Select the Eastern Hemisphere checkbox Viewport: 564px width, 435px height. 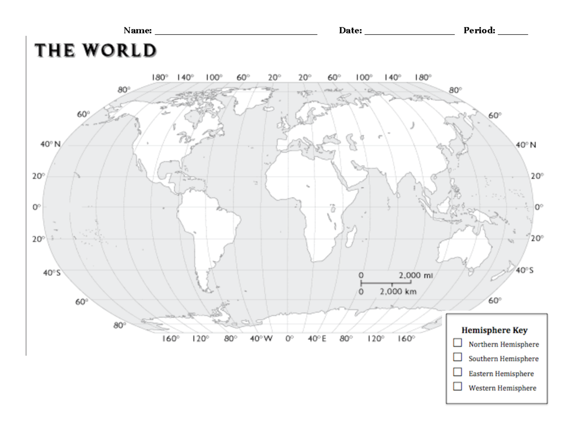(x=457, y=373)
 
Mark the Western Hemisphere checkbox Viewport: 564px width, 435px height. (x=457, y=387)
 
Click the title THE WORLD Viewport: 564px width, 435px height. (x=96, y=51)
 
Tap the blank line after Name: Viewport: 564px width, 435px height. (x=236, y=32)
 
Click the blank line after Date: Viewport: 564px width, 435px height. (x=409, y=32)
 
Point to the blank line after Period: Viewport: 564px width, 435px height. (x=513, y=32)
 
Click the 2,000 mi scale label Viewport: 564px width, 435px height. (x=415, y=275)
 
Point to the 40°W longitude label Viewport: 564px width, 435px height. (x=261, y=339)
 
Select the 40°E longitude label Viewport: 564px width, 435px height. (x=317, y=339)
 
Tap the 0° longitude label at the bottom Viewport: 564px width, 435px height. (x=290, y=339)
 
